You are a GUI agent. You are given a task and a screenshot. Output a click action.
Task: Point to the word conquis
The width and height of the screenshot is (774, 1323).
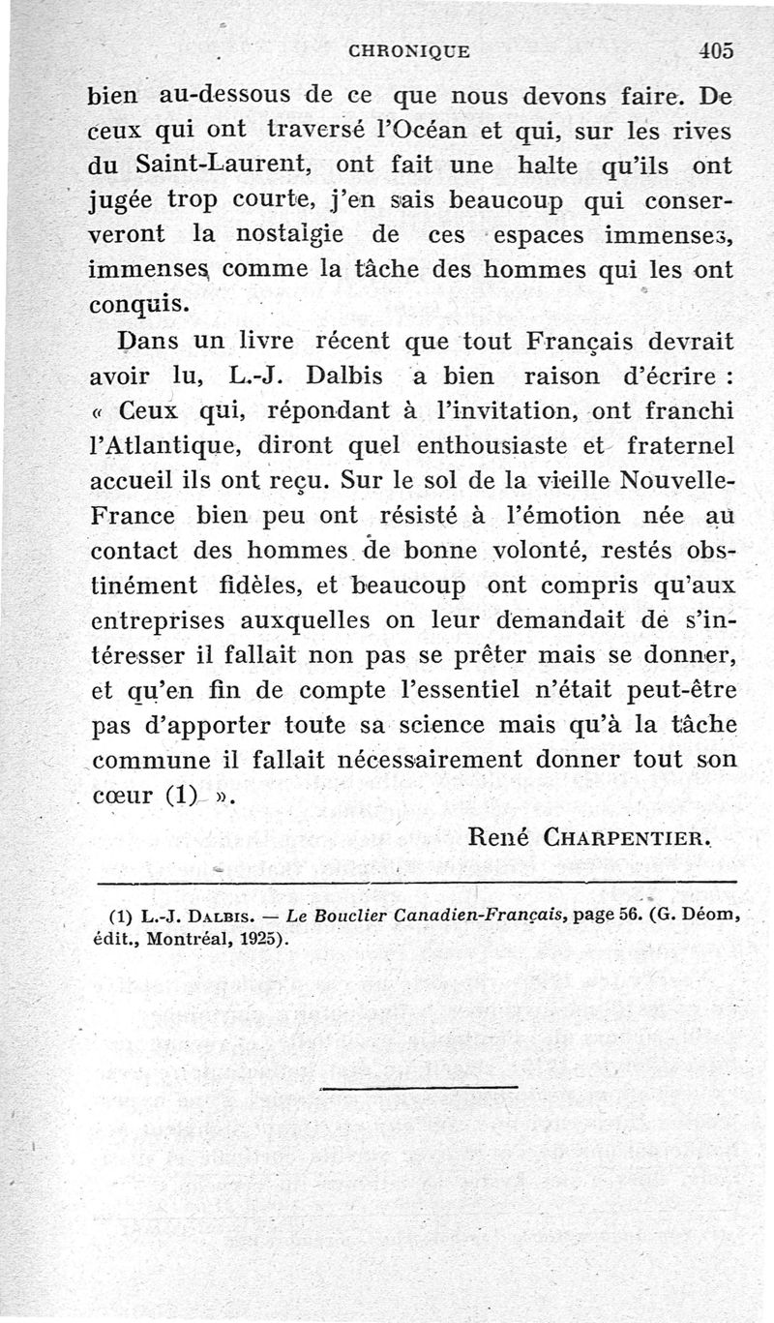pos(138,305)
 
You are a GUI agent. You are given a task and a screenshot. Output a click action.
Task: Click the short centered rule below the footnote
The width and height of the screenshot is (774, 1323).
pos(418,1087)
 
